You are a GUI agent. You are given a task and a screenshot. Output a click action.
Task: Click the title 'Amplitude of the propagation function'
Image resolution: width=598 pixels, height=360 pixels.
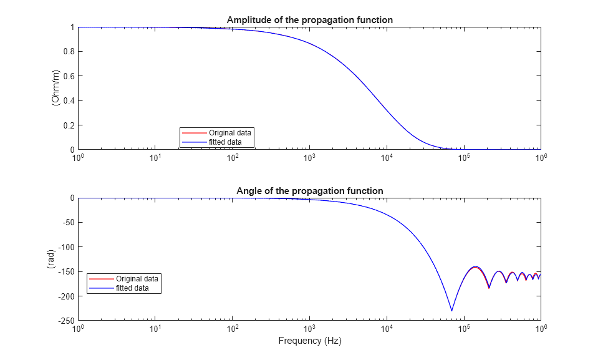(x=309, y=20)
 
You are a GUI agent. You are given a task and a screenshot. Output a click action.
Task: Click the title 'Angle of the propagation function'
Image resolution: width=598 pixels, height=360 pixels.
(x=309, y=190)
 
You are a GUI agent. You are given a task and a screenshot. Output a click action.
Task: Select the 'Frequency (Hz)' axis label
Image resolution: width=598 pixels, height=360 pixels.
(x=309, y=341)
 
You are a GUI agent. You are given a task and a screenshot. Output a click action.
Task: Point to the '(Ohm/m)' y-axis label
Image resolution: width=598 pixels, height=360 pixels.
(x=56, y=88)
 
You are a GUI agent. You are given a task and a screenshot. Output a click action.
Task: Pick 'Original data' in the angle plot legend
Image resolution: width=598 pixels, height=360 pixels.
(x=137, y=278)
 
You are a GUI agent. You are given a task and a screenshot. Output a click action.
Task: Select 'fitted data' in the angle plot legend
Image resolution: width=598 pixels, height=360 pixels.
(x=132, y=288)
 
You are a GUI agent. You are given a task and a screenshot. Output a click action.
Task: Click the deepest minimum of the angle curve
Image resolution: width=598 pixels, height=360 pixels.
(x=451, y=310)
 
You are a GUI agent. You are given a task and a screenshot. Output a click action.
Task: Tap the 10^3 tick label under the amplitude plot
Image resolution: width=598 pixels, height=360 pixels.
(x=309, y=158)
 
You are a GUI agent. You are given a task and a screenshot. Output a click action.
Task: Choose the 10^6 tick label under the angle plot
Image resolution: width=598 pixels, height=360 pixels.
(x=541, y=329)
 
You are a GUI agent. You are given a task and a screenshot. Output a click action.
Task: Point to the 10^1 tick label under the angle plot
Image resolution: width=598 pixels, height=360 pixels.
(x=155, y=329)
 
